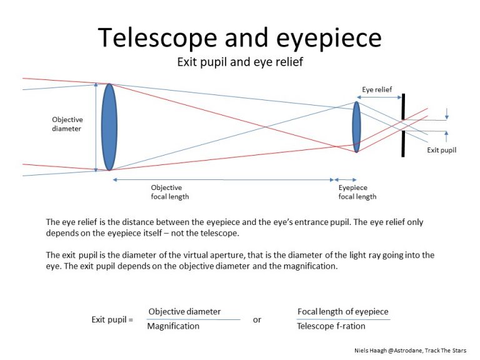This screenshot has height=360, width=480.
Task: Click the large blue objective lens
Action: point(109,127)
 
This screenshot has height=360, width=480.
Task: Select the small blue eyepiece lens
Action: point(356,127)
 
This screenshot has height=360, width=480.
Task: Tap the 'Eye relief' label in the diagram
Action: point(377,89)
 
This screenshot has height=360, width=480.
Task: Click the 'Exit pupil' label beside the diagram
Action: point(441,150)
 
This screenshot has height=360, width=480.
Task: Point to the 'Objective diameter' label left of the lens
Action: point(67,124)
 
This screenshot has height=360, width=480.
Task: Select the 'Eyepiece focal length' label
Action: point(357,192)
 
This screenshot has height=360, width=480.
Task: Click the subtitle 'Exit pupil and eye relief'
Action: point(239,62)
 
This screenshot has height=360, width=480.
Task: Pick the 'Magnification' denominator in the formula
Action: point(173,326)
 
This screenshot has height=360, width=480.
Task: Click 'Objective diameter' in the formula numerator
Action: point(184,311)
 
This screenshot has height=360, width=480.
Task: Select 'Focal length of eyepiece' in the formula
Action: point(342,311)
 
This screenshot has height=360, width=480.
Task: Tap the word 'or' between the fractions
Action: point(257,319)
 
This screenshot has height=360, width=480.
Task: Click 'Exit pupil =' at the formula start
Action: point(112,319)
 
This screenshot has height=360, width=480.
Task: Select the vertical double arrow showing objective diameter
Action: point(95,127)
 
